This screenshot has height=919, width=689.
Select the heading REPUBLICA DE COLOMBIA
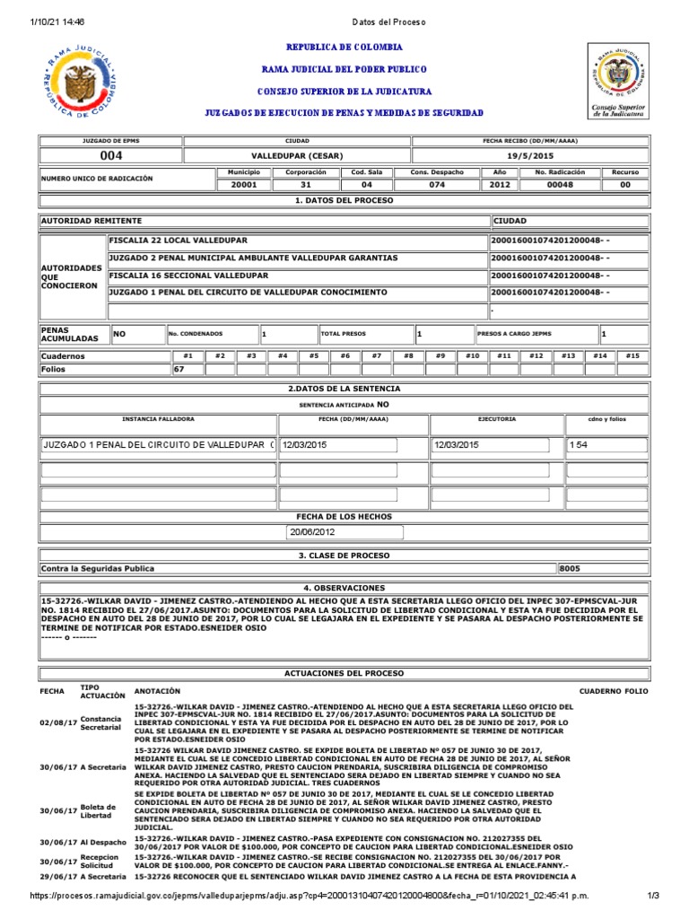344,48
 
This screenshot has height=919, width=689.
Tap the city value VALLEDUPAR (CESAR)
297,155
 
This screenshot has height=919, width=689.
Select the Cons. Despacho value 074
437,184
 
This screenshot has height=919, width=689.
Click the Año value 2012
499,184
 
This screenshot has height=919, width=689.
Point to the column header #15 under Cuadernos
632,355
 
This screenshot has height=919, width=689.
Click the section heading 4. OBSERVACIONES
344,588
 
